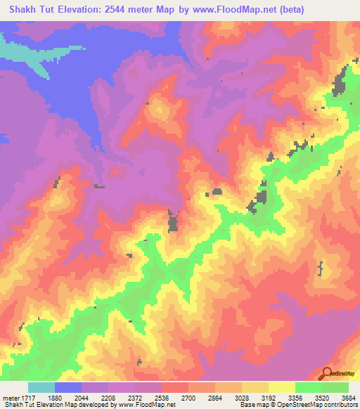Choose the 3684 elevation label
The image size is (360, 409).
tap(347, 397)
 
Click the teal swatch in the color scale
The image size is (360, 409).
tap(41, 387)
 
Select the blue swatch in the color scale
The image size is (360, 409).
tap(68, 387)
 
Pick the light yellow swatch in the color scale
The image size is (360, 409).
tap(282, 387)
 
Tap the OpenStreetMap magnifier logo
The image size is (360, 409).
tap(326, 374)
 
